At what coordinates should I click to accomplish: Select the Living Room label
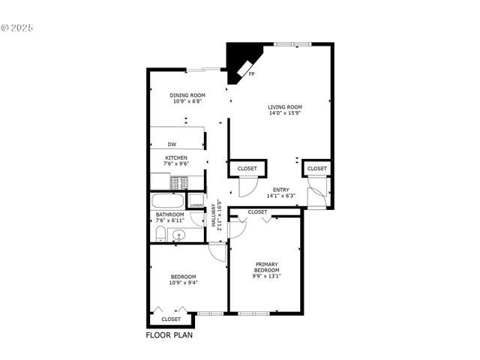coord(285,107)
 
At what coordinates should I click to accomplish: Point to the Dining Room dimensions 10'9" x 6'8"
coord(187,101)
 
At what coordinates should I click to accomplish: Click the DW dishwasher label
coord(172,144)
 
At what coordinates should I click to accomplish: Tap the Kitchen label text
coord(176,157)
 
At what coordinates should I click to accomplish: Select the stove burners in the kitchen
coord(179,181)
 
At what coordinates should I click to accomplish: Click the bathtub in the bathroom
coord(166,202)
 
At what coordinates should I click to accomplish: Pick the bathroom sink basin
coord(178,235)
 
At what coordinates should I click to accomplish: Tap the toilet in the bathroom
coord(158,235)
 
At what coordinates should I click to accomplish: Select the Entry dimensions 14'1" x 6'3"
coord(281,196)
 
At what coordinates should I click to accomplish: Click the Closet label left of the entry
coord(247,169)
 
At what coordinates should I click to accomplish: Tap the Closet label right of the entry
coord(317,169)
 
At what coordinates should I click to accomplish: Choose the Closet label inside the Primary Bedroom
coord(257,212)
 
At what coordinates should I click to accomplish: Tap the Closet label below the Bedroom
coord(171,319)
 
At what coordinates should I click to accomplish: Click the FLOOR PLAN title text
coord(169,335)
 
